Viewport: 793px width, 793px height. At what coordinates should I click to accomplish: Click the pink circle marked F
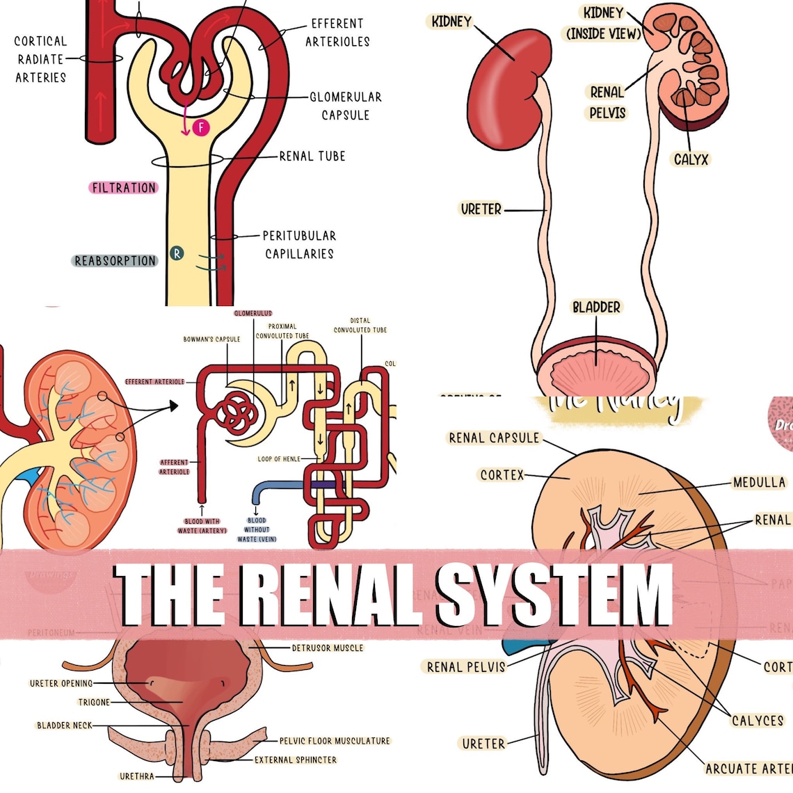coord(201,127)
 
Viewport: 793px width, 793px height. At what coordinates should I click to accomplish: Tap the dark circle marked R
coord(177,253)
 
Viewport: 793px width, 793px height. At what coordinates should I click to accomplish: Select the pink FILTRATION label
coord(124,188)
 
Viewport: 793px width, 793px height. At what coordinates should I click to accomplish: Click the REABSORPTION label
coord(115,261)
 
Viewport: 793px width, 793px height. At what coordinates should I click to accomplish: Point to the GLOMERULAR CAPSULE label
coord(346,106)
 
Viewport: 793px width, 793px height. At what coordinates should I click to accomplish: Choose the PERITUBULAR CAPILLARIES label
coord(299,245)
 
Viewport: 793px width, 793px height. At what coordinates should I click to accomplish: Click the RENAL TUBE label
coord(312,157)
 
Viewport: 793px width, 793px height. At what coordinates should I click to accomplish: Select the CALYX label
coord(691,159)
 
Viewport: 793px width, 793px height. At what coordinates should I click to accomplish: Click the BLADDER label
coord(596,307)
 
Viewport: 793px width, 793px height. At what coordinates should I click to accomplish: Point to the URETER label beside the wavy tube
coord(481,209)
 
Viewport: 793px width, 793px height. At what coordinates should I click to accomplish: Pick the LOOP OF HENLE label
coord(279,459)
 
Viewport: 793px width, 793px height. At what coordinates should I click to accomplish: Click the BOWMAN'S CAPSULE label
coord(211,339)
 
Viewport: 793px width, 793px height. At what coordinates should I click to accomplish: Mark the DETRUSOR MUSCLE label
coord(327,648)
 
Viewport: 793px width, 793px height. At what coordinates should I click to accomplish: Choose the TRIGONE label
coord(94,703)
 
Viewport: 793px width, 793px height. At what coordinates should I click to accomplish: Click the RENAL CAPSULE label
coord(494,438)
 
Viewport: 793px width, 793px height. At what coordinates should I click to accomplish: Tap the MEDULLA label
coord(759,482)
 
